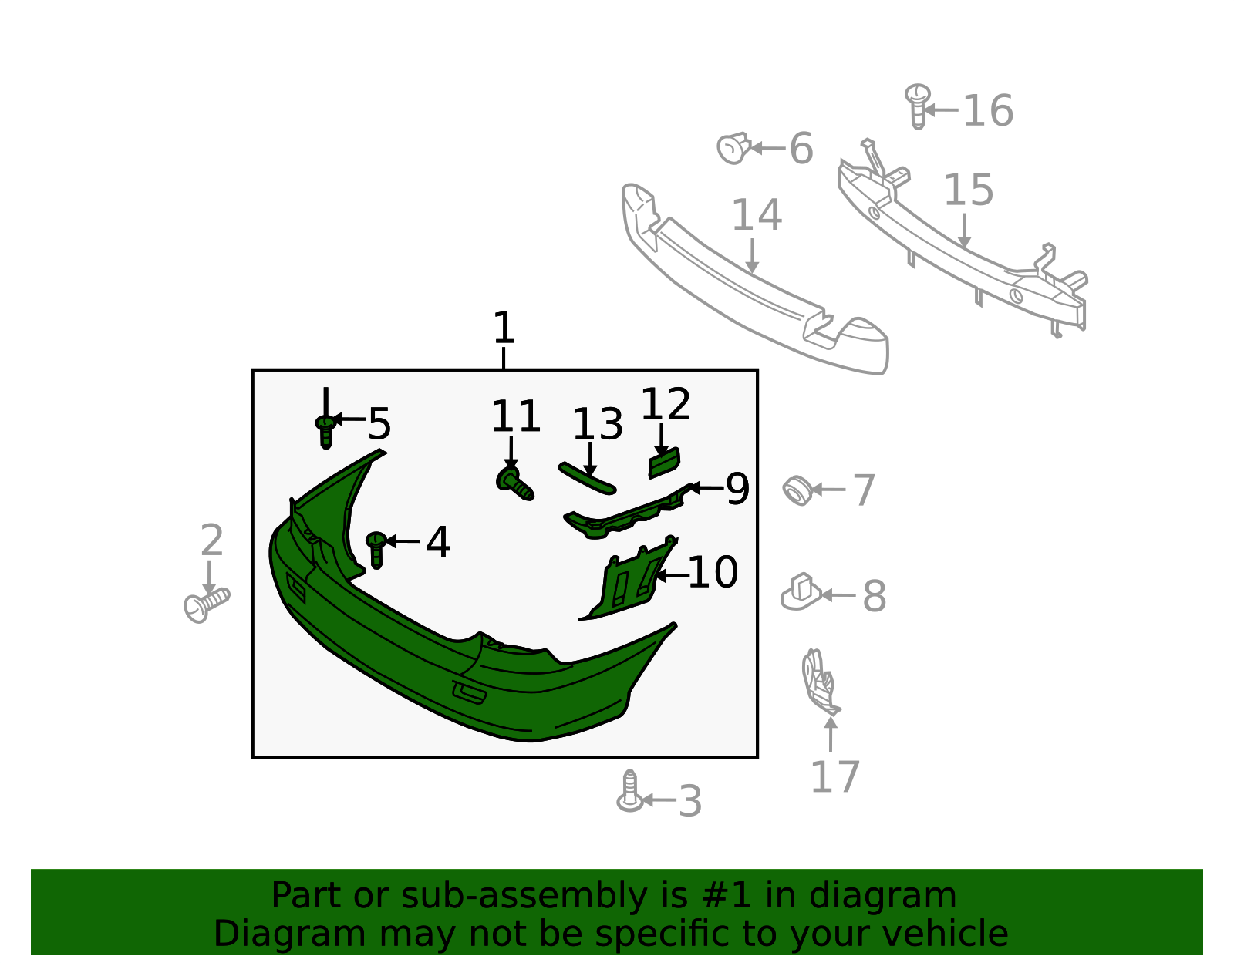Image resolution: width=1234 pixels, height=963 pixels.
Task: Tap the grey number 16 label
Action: pos(988,111)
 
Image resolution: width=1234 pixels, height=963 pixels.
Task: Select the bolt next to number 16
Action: pos(917,106)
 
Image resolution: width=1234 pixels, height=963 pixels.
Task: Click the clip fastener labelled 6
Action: pos(734,148)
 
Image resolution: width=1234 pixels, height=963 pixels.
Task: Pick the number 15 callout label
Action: pos(968,190)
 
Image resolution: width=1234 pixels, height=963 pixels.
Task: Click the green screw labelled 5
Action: pos(325,431)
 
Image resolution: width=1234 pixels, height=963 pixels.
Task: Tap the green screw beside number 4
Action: pos(376,549)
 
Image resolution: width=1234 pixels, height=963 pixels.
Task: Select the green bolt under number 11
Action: pos(514,485)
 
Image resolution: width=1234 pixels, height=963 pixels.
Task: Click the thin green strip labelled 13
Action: pos(587,478)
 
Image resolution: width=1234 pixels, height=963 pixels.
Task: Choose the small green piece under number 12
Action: pos(664,463)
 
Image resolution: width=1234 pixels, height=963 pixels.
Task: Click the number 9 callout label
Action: pos(737,488)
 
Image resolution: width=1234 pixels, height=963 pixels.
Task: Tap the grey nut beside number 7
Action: pos(797,490)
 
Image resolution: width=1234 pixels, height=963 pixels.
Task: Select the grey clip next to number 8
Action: pos(801,592)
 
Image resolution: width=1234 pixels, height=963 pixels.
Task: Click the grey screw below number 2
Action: pos(207,605)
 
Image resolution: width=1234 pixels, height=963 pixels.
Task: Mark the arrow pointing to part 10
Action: pos(672,576)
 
